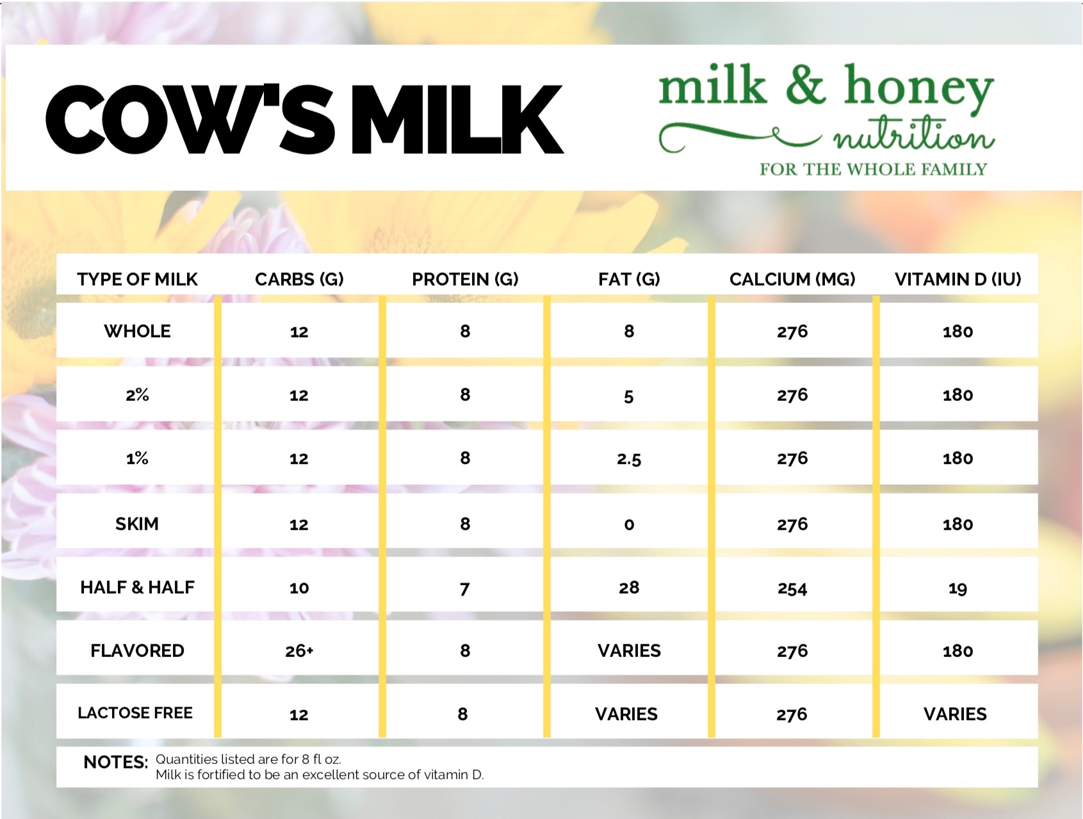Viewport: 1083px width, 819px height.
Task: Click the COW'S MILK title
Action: [x=305, y=119]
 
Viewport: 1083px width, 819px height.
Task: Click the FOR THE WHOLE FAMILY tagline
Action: [x=873, y=170]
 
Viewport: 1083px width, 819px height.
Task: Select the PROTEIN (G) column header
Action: [x=465, y=279]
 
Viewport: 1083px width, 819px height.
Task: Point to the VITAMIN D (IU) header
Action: [x=957, y=279]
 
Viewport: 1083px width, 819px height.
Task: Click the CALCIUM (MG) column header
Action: [x=792, y=279]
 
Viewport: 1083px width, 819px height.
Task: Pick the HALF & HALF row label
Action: [x=137, y=587]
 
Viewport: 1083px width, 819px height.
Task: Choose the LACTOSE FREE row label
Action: [x=135, y=713]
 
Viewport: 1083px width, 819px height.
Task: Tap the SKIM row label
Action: [x=137, y=524]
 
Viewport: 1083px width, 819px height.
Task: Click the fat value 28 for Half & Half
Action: [x=629, y=588]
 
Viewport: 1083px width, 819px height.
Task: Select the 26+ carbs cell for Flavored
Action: [x=299, y=651]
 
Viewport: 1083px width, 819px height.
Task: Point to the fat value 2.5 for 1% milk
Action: [x=629, y=459]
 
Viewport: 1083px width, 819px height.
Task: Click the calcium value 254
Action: [x=792, y=588]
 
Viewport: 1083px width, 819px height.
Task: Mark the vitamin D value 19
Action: [x=957, y=588]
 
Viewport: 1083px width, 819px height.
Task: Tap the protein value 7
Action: [x=465, y=588]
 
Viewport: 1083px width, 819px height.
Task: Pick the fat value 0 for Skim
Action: [x=629, y=525]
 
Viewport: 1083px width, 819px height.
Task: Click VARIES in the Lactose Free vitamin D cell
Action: [x=955, y=715]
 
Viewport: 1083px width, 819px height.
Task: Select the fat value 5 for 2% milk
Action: [x=629, y=396]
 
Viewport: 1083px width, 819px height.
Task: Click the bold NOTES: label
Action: [x=116, y=762]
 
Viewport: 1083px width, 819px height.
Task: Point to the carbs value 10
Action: [x=299, y=588]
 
